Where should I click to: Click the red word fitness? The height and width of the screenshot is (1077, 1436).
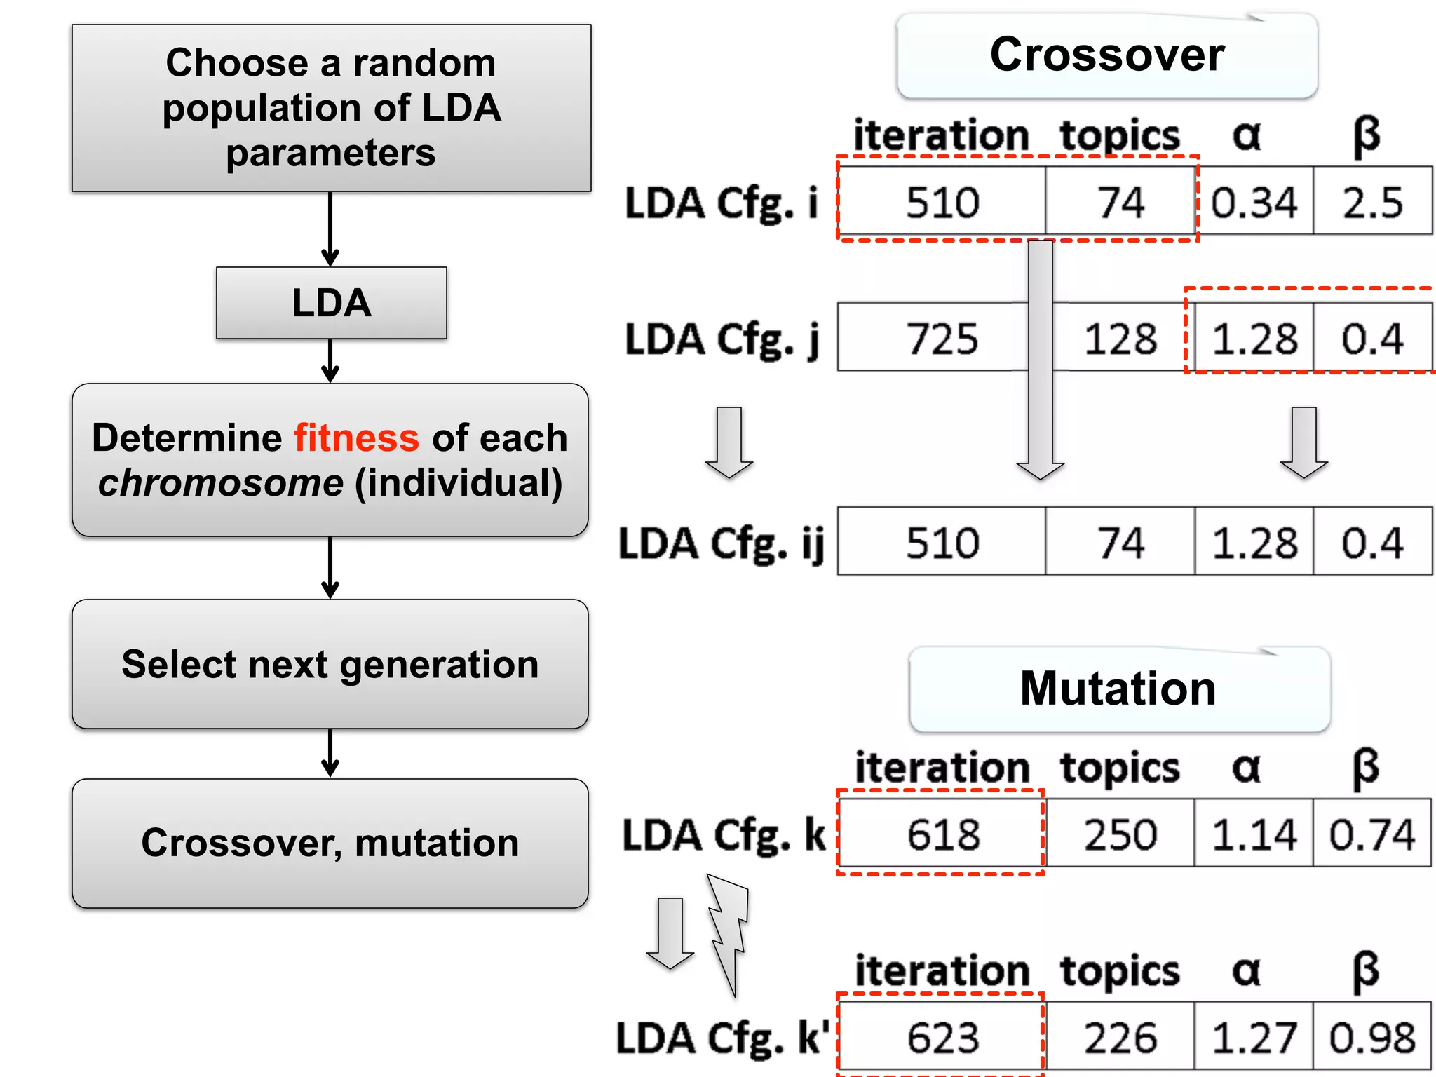pos(356,438)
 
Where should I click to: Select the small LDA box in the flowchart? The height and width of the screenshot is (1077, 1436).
pos(331,303)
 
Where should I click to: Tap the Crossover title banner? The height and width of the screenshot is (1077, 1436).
pos(1107,55)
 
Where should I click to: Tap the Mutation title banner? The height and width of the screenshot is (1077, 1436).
pos(1119,689)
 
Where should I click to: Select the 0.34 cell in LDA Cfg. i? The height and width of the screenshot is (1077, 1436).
pos(1254,202)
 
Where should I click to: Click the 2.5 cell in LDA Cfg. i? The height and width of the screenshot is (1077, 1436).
pos(1372,202)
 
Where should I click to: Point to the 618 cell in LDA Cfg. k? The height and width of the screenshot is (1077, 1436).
pos(943,834)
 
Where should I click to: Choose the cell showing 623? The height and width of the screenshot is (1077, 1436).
pos(943,1037)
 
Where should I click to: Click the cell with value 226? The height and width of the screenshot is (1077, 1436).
pos(1120,1037)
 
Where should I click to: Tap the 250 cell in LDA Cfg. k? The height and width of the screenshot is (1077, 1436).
pos(1120,834)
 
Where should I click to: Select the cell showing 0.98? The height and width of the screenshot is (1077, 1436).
pos(1372,1037)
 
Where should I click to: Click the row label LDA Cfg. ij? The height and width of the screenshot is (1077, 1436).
pos(721,543)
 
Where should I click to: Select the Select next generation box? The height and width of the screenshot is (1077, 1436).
pos(330,664)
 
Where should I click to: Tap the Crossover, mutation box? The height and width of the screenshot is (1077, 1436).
pos(330,843)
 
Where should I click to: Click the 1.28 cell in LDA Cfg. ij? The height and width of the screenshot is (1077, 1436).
pos(1254,542)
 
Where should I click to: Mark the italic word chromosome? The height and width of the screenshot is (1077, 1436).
pos(221,483)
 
